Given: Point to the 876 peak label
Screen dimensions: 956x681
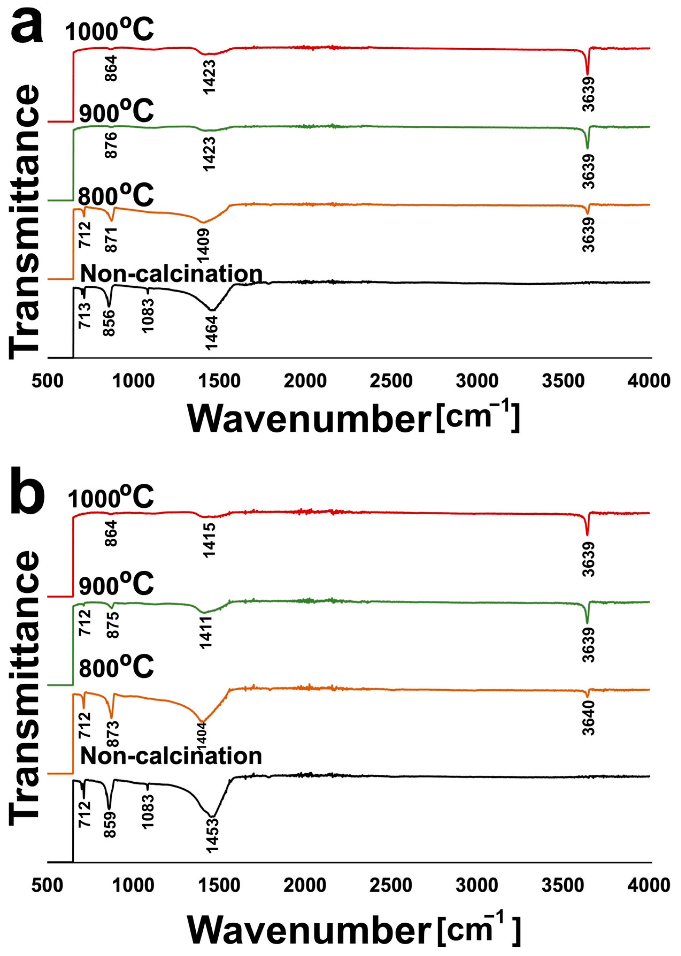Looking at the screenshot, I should click(x=111, y=145).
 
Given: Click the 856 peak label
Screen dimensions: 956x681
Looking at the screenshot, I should click(x=110, y=323).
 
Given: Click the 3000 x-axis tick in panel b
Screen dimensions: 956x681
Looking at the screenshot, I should click(x=477, y=885).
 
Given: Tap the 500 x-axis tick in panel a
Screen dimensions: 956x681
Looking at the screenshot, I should click(x=47, y=381).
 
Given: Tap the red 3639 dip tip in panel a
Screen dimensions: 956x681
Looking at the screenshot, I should click(x=587, y=74).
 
